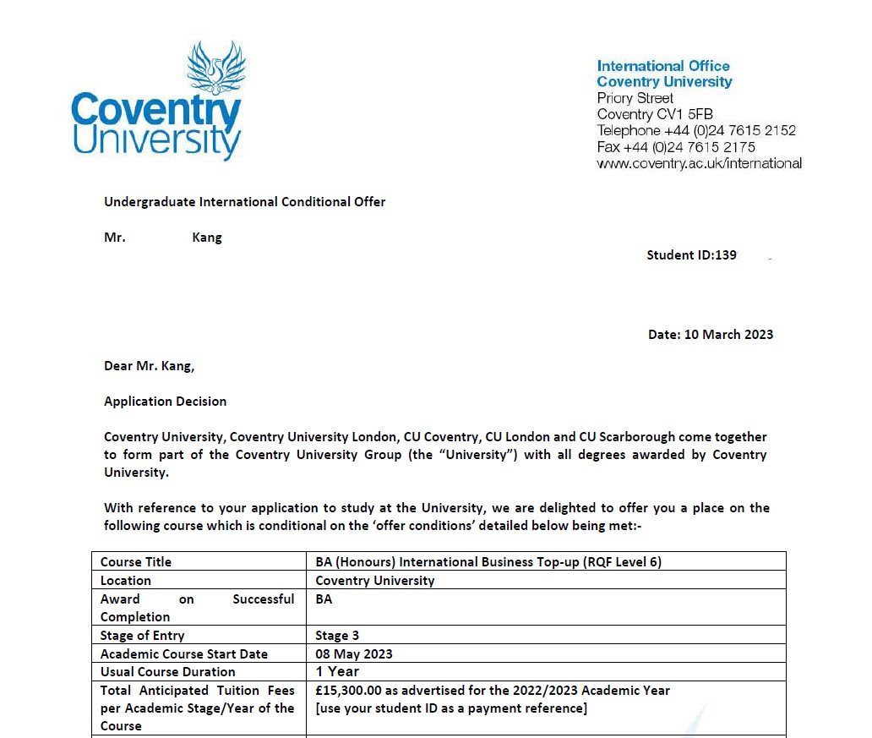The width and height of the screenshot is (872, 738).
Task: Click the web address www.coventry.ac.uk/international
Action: click(699, 163)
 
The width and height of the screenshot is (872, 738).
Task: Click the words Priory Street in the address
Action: click(635, 98)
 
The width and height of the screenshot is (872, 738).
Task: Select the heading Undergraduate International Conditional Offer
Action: click(244, 202)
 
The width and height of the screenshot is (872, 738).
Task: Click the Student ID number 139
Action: click(725, 255)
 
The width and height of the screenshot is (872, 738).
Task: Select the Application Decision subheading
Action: click(165, 402)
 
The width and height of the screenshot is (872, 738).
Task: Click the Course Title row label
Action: click(135, 562)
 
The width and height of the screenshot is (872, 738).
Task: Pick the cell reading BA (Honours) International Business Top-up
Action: click(488, 562)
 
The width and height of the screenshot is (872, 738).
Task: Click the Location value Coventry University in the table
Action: click(374, 581)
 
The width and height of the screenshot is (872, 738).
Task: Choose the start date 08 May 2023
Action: click(353, 654)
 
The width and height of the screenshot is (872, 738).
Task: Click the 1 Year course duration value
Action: click(337, 672)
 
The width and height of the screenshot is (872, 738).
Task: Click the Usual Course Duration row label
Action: click(167, 672)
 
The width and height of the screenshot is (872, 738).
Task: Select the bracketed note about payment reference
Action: click(450, 708)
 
